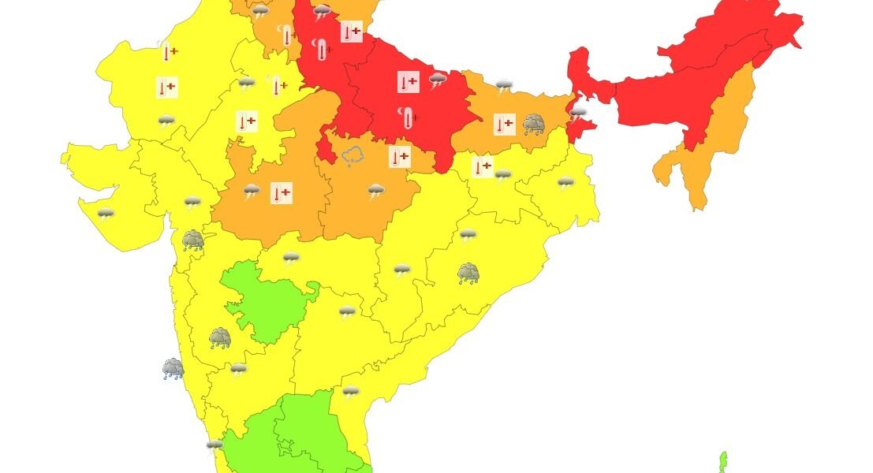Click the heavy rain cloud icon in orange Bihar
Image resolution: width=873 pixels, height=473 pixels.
click(534, 124)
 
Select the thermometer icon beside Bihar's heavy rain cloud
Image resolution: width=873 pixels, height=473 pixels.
click(505, 124)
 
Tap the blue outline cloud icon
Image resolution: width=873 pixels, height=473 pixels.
click(352, 156)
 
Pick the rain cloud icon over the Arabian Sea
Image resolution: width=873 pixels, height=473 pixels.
click(173, 368)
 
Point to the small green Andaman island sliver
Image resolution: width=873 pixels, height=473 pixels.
click(722, 462)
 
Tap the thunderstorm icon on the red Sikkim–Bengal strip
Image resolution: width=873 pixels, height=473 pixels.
click(578, 114)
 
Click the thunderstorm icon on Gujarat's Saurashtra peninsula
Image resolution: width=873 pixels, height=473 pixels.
click(106, 213)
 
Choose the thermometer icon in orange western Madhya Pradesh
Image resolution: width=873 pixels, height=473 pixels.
click(282, 192)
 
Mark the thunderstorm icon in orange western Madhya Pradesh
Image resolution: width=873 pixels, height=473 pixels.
click(252, 191)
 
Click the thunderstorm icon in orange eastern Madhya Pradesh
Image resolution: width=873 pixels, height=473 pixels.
click(375, 190)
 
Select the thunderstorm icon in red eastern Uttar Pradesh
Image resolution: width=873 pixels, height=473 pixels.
click(438, 79)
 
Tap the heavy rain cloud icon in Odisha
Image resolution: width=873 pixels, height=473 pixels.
click(468, 274)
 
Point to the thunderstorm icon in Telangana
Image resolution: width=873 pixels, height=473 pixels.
click(347, 312)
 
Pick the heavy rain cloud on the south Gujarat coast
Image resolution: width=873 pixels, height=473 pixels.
click(192, 240)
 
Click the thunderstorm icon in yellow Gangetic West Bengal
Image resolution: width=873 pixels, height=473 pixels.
click(565, 184)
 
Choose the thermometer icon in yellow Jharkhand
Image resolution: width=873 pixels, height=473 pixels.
click(482, 167)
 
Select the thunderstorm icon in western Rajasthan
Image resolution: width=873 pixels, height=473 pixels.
click(166, 121)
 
